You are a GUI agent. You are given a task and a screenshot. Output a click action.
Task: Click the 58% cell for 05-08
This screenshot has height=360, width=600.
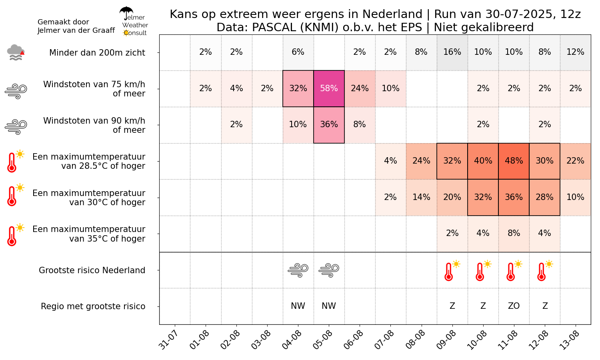[329, 88]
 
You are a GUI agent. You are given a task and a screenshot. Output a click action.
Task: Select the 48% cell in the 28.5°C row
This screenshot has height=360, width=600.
[514, 161]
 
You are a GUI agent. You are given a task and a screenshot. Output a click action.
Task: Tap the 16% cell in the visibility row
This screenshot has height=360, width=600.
[452, 52]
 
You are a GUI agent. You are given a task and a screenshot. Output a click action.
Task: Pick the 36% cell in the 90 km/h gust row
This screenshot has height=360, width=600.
[329, 124]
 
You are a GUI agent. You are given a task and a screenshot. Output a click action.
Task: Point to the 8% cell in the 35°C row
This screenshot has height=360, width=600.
[514, 233]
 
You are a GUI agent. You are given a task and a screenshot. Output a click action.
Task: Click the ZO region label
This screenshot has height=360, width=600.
[514, 306]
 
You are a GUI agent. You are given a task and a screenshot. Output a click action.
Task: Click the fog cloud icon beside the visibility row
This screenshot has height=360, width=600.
[16, 52]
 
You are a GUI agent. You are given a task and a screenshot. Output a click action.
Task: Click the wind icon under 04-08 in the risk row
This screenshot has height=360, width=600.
[298, 270]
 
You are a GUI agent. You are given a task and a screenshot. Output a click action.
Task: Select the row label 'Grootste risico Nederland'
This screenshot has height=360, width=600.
[92, 270]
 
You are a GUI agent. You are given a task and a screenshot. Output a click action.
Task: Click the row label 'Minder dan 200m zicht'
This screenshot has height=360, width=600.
[97, 53]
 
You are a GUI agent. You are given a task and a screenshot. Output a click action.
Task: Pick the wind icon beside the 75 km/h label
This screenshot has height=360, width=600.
[16, 91]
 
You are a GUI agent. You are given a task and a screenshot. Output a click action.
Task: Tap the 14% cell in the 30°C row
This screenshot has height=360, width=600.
[421, 197]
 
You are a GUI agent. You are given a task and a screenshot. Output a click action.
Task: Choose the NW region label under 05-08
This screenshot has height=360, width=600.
[329, 306]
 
